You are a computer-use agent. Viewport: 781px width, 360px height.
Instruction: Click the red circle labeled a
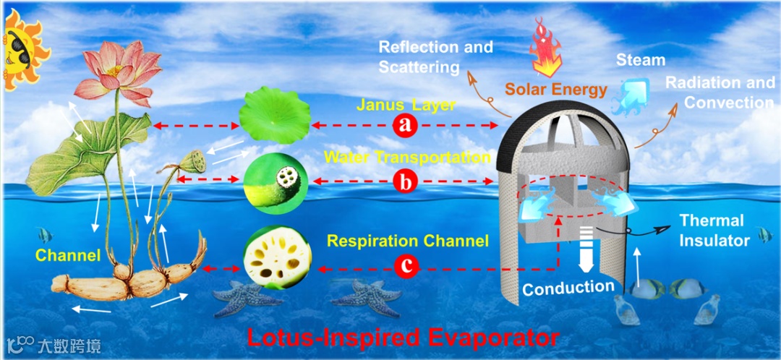pyautogui.click(x=406, y=125)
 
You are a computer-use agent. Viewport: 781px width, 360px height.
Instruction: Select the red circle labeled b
pyautogui.click(x=406, y=181)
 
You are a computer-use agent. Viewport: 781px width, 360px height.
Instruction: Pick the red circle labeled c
pyautogui.click(x=406, y=267)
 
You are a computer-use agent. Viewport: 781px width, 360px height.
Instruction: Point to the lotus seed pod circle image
pyautogui.click(x=276, y=181)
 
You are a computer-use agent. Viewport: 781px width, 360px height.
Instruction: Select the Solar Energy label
pyautogui.click(x=546, y=90)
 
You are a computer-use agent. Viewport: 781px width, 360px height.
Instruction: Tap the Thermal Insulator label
pyautogui.click(x=712, y=231)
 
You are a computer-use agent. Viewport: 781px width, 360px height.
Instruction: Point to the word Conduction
pyautogui.click(x=568, y=288)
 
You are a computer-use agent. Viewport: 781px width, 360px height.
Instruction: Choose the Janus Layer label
pyautogui.click(x=406, y=106)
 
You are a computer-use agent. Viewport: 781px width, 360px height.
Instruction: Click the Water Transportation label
pyautogui.click(x=408, y=157)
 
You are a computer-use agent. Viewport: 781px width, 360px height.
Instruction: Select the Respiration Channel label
pyautogui.click(x=408, y=241)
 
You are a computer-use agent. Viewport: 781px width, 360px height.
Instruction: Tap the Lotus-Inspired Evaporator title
pyautogui.click(x=403, y=337)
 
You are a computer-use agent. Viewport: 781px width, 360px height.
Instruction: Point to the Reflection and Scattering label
pyautogui.click(x=435, y=57)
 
